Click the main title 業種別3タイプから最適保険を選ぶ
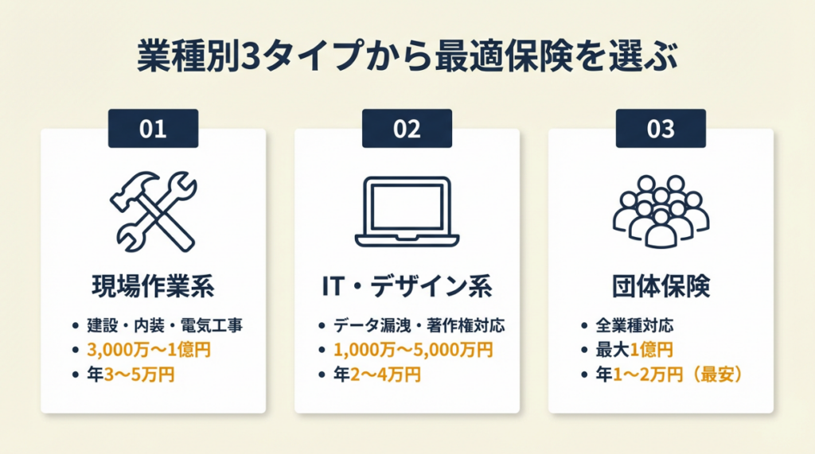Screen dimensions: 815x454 click(x=407, y=56)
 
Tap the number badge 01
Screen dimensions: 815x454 click(x=153, y=128)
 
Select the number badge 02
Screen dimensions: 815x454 click(x=407, y=128)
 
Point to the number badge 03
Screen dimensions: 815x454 click(x=661, y=128)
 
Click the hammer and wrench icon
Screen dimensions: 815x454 click(x=154, y=211)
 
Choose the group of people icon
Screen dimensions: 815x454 click(x=661, y=211)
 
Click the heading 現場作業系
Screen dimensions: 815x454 click(x=154, y=286)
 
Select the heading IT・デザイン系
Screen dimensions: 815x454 click(x=407, y=286)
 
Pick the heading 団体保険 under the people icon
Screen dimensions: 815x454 click(x=661, y=286)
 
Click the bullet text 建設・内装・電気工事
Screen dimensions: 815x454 click(x=165, y=326)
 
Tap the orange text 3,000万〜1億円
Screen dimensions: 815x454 click(x=149, y=350)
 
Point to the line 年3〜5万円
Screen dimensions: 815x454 click(x=131, y=374)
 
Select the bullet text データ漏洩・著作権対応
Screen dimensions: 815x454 click(x=419, y=326)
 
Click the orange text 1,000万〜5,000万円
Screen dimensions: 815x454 click(x=413, y=350)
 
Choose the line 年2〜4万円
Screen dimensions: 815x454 click(x=376, y=374)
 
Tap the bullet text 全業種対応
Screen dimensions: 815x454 click(x=634, y=326)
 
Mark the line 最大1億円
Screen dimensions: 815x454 click(x=634, y=350)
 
